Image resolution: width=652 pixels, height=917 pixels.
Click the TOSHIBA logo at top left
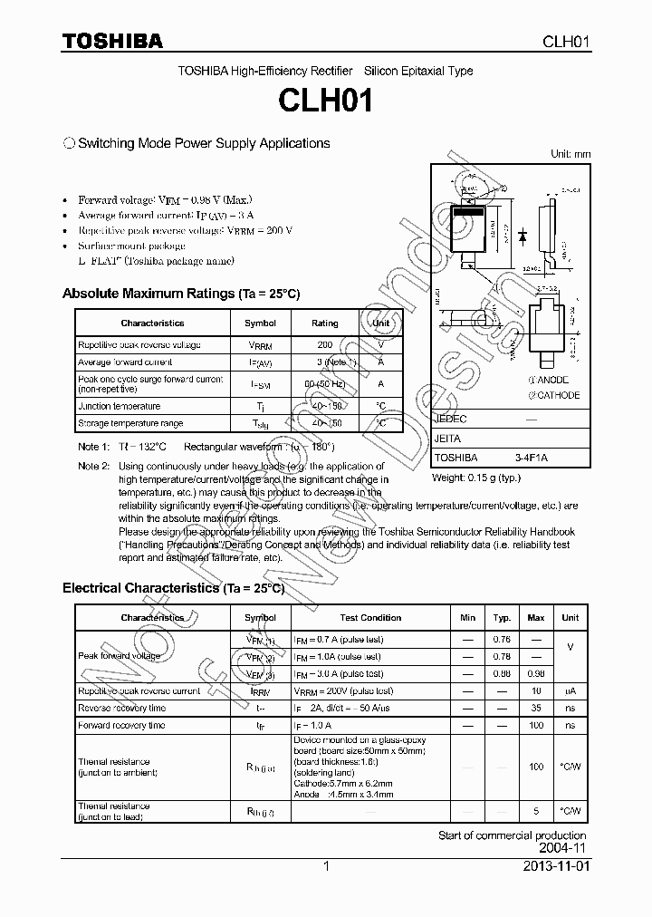pyautogui.click(x=112, y=41)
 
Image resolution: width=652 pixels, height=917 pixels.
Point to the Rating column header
pyautogui.click(x=324, y=323)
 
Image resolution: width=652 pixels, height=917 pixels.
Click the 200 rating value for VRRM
pyautogui.click(x=324, y=345)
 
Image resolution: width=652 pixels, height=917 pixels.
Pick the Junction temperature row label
pyautogui.click(x=119, y=406)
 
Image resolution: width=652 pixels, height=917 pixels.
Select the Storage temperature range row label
pyautogui.click(x=129, y=423)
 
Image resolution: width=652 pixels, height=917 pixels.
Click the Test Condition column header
pyautogui.click(x=370, y=618)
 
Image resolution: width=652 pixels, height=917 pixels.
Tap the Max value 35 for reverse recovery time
pyautogui.click(x=536, y=708)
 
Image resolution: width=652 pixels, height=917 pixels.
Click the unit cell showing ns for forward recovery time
pyautogui.click(x=570, y=725)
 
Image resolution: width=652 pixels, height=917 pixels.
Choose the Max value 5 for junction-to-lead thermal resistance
pyautogui.click(x=536, y=811)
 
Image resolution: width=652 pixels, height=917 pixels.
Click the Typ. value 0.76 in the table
pyautogui.click(x=502, y=639)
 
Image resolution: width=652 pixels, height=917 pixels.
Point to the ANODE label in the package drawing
pyautogui.click(x=553, y=381)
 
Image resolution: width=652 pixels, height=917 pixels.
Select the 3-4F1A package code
pyautogui.click(x=532, y=458)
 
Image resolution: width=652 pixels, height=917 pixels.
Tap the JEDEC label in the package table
pyautogui.click(x=450, y=420)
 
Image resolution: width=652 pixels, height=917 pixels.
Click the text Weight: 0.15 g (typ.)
pyautogui.click(x=476, y=477)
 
